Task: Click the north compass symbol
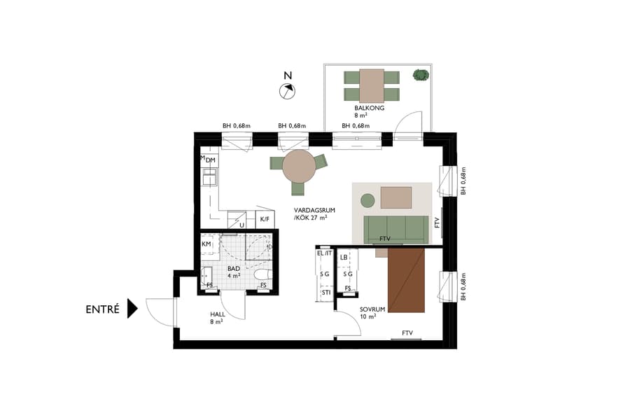point(287,90)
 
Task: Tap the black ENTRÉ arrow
point(132,309)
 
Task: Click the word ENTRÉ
point(102,309)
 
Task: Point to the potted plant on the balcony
point(420,75)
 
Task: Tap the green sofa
point(395,227)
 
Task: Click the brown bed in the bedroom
point(406,280)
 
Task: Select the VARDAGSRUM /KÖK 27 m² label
point(311,214)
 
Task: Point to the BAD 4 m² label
point(234,272)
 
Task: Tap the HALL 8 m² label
point(216,318)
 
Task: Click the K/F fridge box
point(265,219)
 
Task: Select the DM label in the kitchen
point(210,161)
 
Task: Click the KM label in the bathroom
point(206,244)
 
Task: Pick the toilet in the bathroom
point(261,274)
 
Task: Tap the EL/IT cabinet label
point(325,253)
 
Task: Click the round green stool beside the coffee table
point(367,202)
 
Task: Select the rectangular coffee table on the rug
point(395,197)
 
